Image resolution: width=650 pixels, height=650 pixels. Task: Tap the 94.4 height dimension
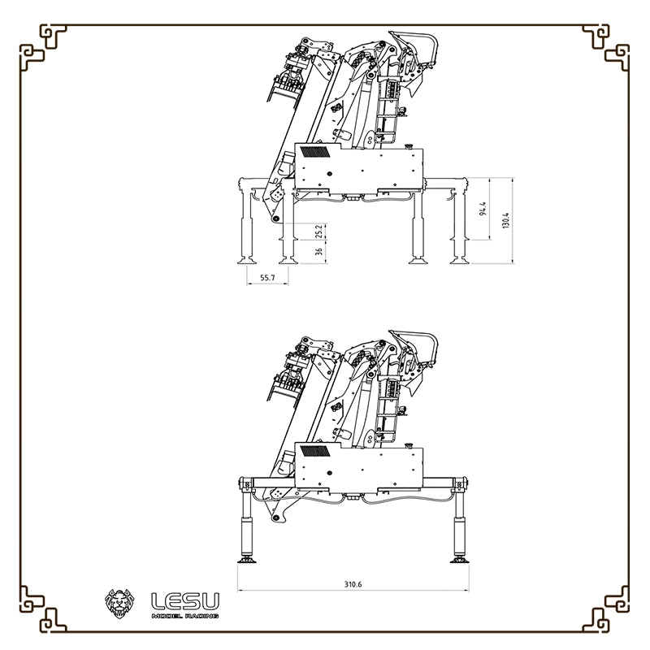(x=483, y=209)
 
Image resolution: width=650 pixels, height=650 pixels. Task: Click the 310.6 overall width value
(x=352, y=584)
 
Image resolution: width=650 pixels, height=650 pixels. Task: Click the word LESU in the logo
(x=185, y=602)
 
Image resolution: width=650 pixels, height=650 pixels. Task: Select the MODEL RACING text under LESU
(x=185, y=617)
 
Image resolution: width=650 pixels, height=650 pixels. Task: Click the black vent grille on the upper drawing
(x=315, y=151)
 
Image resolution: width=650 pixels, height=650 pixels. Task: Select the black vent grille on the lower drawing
(x=315, y=450)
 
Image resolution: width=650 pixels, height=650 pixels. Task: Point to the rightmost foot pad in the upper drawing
(x=459, y=260)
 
